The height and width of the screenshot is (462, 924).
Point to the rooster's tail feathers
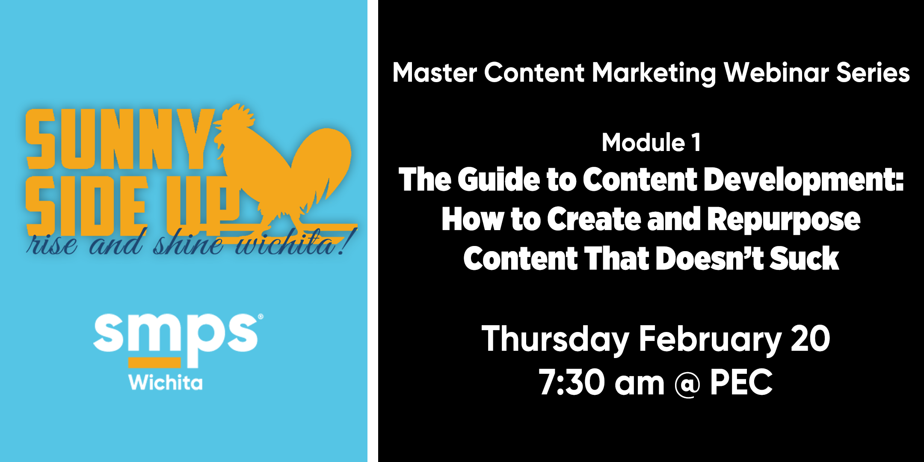point(321,163)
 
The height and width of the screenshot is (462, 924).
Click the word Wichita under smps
point(166,382)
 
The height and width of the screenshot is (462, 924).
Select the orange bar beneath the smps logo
point(154,363)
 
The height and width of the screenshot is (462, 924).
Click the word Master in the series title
point(435,72)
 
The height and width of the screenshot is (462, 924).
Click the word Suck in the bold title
point(804,258)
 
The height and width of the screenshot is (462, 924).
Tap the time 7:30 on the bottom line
point(572,382)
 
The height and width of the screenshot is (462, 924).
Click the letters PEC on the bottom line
point(741,382)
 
